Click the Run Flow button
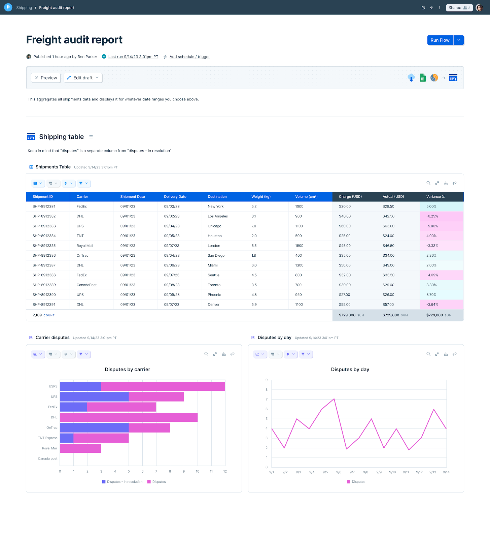[x=440, y=40]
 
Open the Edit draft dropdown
[x=83, y=78]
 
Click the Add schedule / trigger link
[x=189, y=57]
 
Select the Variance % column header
[x=435, y=197]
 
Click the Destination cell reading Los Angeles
[x=218, y=216]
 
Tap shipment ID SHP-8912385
[x=44, y=246]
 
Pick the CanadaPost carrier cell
[x=86, y=285]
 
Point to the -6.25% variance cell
[x=432, y=216]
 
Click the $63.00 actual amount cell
[x=388, y=226]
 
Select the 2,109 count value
[x=37, y=315]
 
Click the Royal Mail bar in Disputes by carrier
[x=80, y=448]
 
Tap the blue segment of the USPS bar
[x=80, y=386]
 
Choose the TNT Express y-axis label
[x=47, y=438]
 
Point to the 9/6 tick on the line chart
[x=339, y=472]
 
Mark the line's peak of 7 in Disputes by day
[x=334, y=399]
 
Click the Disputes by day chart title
[x=350, y=370]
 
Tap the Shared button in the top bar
[x=459, y=8]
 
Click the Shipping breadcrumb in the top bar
[x=24, y=8]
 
